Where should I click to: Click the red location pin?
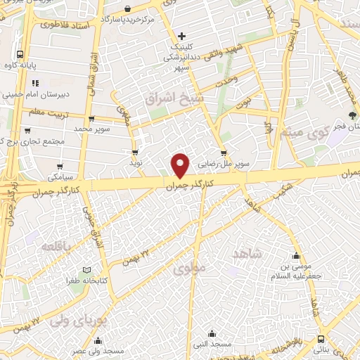(181, 165)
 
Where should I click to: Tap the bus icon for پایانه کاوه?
(21, 54)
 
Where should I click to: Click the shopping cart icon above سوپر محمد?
(91, 118)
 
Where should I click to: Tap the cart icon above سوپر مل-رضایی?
(223, 152)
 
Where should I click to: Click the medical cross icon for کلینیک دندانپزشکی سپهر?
(181, 36)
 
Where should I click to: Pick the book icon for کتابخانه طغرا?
(86, 271)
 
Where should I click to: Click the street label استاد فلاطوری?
(63, 25)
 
